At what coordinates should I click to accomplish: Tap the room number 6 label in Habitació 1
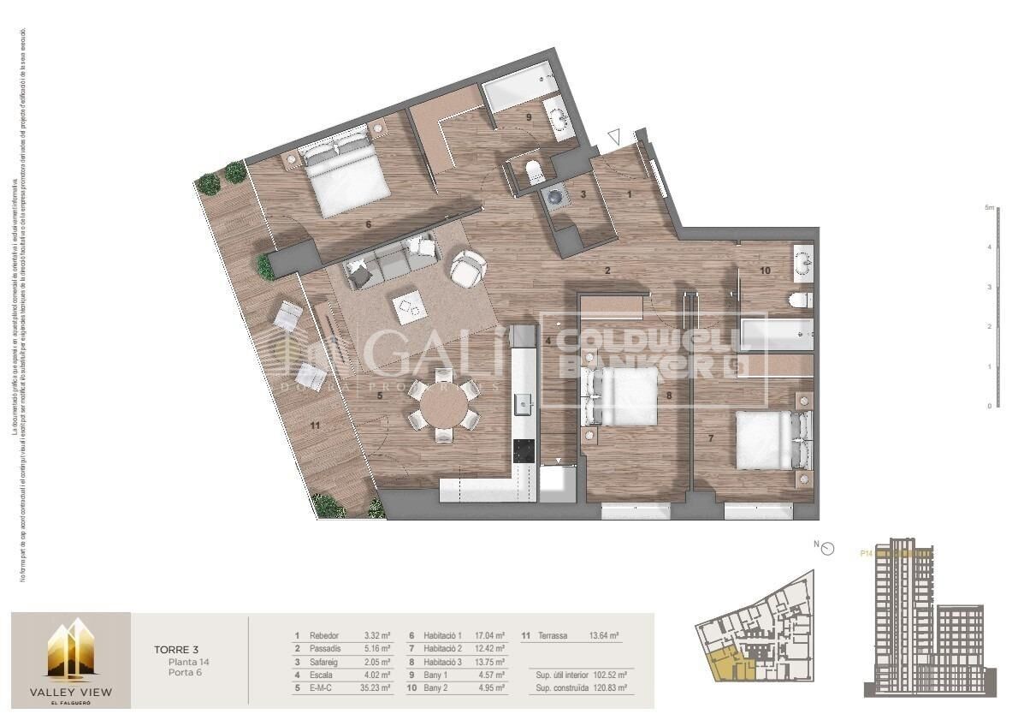(368, 225)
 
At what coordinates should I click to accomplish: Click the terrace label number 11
(315, 425)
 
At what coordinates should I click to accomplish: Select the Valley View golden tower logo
(70, 652)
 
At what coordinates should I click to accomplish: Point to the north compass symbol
(826, 548)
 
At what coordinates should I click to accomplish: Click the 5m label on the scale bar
(988, 208)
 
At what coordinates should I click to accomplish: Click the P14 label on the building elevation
(865, 553)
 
